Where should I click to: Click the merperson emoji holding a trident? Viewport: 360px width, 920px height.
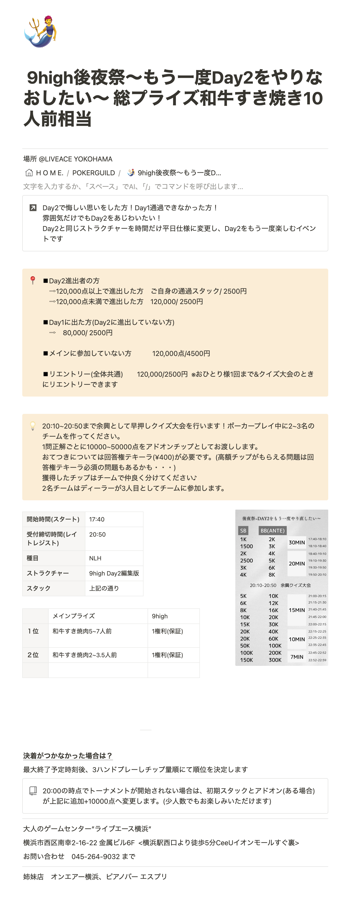[x=40, y=31]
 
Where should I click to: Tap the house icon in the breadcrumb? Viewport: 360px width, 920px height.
[x=29, y=173]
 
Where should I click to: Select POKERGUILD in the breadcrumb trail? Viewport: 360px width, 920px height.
[x=94, y=173]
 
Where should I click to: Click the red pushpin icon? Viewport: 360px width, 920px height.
[x=32, y=280]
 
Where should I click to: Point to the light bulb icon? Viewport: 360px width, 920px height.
[x=32, y=426]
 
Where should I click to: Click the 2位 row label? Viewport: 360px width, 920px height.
[x=33, y=655]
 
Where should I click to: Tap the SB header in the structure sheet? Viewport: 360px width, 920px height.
[x=243, y=531]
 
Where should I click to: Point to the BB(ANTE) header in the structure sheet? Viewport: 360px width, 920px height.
[x=272, y=531]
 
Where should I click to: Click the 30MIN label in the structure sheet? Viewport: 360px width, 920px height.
[x=297, y=542]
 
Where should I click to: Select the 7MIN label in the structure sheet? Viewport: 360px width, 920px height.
[x=297, y=657]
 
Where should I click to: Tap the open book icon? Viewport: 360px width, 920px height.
[x=33, y=791]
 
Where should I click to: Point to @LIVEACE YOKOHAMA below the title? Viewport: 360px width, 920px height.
[x=75, y=159]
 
